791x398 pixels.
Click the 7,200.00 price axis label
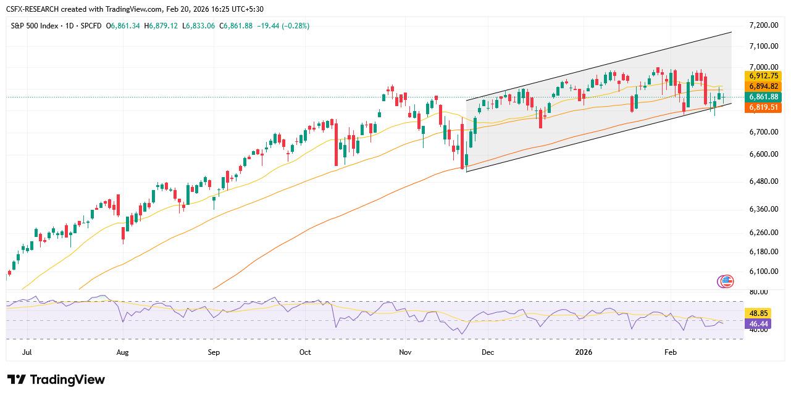coord(764,25)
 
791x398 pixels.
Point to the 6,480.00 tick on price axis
coord(764,181)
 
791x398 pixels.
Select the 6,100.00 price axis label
coord(764,272)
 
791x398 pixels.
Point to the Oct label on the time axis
coord(305,352)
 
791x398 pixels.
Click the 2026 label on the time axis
coord(584,352)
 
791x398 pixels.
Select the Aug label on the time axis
coord(122,352)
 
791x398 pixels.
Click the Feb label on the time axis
coord(671,352)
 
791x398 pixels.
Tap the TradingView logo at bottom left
coord(56,379)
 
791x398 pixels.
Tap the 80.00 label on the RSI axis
coord(758,292)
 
